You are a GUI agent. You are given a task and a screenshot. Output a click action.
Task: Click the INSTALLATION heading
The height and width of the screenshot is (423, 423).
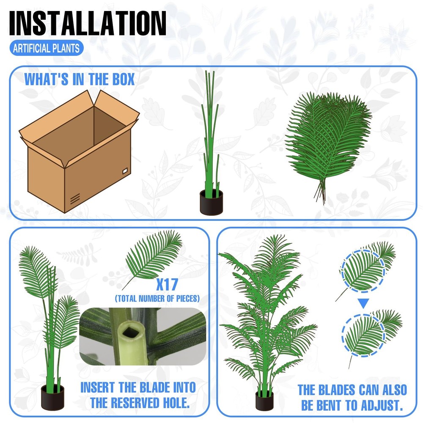point(88,23)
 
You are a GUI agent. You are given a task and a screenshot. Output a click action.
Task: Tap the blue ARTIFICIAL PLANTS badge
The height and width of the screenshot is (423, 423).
point(46,48)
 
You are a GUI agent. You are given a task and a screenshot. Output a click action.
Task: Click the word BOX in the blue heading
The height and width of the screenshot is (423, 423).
point(123,80)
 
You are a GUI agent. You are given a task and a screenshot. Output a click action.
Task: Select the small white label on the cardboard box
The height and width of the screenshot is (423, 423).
point(125,170)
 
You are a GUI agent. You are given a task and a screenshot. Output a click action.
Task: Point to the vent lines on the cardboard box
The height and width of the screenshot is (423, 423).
point(75,199)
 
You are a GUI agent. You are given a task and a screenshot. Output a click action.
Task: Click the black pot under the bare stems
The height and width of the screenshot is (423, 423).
point(211,202)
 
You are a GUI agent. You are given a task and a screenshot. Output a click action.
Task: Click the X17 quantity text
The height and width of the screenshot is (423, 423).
point(167,284)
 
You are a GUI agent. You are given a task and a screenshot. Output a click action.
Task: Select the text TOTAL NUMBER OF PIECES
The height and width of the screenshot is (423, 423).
point(157,298)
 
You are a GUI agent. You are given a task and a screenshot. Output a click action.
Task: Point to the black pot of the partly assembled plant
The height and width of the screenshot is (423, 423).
point(52,397)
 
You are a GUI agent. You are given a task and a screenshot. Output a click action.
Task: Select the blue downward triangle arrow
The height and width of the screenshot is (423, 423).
point(363,303)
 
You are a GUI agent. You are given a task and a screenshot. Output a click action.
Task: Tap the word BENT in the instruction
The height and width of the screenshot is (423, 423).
point(330,405)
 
